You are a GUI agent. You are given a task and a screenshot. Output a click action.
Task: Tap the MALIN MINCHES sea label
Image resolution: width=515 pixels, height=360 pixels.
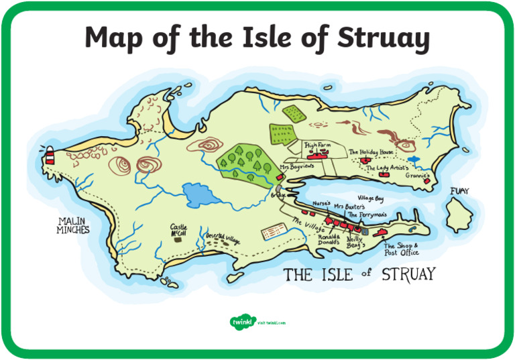click(x=73, y=225)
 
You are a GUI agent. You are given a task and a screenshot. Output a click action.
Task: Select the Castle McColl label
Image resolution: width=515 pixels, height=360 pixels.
click(x=178, y=229)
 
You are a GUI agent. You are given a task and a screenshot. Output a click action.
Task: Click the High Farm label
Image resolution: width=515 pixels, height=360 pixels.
click(x=318, y=144)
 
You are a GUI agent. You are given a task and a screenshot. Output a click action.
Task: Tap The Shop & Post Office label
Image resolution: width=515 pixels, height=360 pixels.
click(x=402, y=249)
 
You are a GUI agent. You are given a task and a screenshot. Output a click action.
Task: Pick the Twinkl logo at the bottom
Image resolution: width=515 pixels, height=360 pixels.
click(x=240, y=322)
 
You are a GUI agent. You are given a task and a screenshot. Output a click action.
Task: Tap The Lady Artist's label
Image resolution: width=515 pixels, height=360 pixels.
click(x=387, y=168)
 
